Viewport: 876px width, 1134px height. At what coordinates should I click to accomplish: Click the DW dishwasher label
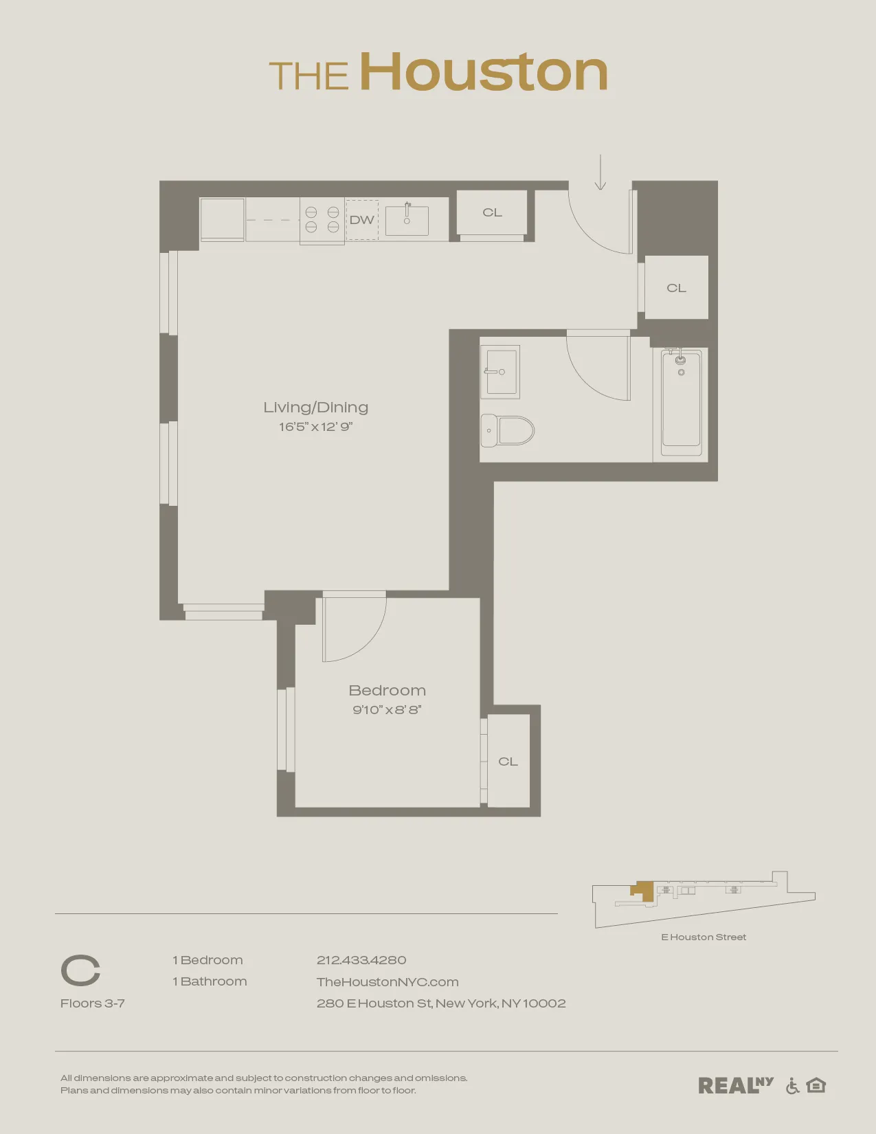point(361,220)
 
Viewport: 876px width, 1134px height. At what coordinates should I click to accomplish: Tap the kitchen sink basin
point(407,221)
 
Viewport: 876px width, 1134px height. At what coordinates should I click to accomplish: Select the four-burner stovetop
point(322,220)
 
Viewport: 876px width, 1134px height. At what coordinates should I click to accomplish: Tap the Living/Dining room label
point(316,407)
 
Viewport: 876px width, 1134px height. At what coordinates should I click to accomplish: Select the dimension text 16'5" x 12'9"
point(315,427)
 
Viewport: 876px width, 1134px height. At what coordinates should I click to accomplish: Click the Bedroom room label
point(387,690)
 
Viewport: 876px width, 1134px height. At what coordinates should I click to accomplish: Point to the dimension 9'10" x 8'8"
point(387,710)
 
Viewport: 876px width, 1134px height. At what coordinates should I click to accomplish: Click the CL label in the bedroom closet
point(508,761)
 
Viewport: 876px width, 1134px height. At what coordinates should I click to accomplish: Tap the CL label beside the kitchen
point(492,212)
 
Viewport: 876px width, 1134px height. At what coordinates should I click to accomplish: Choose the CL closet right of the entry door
point(676,288)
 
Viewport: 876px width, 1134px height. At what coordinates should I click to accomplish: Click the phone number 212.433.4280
point(361,960)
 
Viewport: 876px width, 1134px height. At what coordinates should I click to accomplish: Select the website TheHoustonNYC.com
point(388,982)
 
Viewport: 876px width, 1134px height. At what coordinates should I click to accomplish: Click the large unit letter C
point(80,970)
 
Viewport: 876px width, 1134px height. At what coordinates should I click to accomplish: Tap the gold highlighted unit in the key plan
point(644,891)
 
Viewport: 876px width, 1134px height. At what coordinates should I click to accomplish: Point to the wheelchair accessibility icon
point(792,1086)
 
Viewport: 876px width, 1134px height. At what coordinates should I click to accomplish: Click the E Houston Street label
point(704,937)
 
